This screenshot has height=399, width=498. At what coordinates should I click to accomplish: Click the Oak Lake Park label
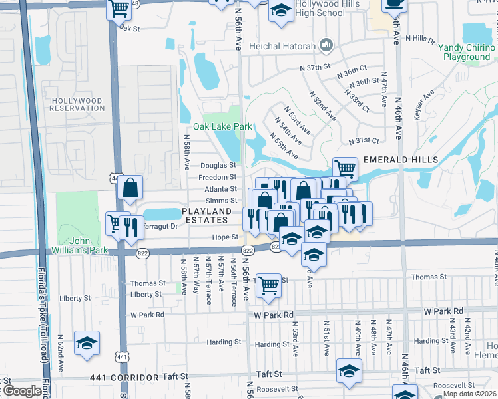(x=222, y=126)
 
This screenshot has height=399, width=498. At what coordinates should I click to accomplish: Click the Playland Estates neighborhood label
(x=206, y=215)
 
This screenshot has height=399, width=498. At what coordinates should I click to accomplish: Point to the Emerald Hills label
(x=401, y=160)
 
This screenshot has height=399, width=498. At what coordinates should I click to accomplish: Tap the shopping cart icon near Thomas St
(x=268, y=285)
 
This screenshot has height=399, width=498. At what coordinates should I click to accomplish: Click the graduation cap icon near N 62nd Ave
(x=87, y=342)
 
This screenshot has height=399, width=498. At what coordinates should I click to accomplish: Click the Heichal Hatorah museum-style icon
(x=326, y=45)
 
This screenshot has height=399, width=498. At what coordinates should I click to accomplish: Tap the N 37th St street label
(x=315, y=68)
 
